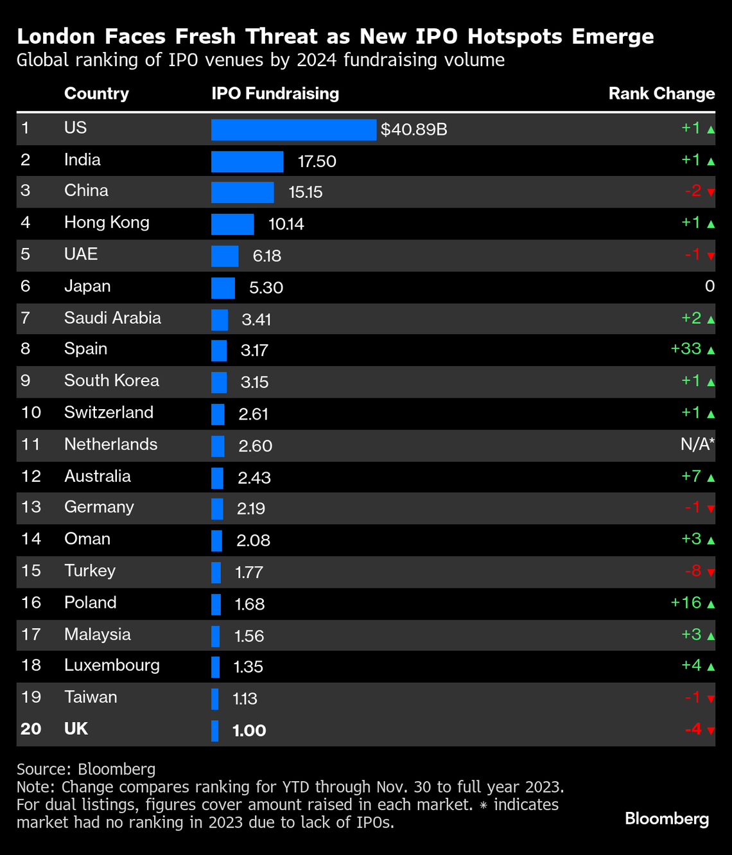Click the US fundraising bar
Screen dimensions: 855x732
point(293,130)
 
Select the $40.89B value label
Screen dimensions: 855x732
point(414,130)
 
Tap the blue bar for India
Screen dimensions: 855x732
point(247,161)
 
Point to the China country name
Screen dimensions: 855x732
point(86,191)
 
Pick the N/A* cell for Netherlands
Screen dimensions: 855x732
point(697,445)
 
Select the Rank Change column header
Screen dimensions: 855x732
point(661,94)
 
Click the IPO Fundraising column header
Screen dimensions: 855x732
point(275,94)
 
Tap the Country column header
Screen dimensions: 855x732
point(96,94)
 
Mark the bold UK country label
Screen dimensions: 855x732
point(76,729)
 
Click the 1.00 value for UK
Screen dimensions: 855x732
point(249,730)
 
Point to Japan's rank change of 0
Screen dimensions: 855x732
point(710,286)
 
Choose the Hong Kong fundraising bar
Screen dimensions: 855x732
point(232,224)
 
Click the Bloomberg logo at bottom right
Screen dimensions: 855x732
point(667,819)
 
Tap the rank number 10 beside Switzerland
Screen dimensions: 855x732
point(31,412)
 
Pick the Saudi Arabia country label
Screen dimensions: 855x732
point(112,318)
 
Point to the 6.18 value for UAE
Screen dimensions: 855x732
point(267,256)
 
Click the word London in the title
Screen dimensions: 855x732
point(57,37)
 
